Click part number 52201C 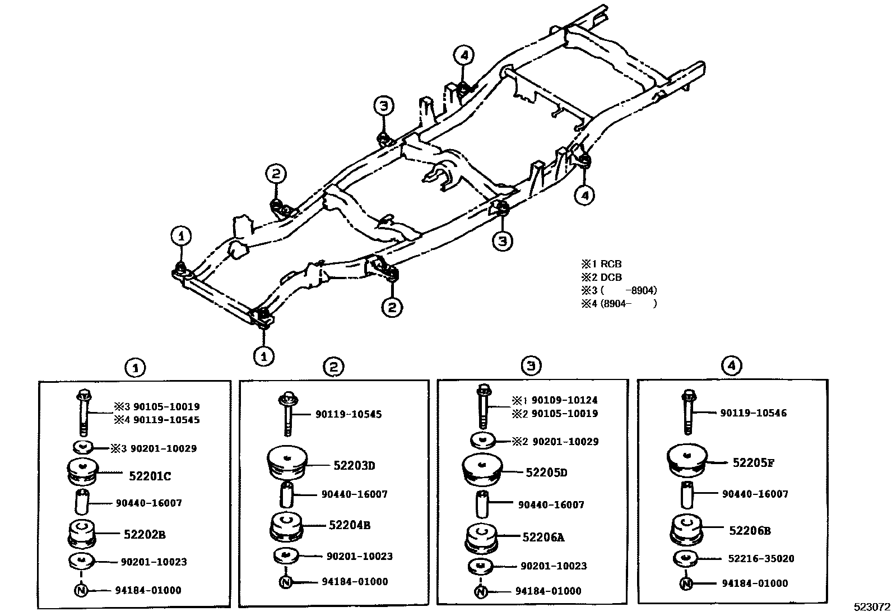pos(150,476)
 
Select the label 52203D pos(354,465)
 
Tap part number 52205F pos(753,462)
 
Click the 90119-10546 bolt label pos(753,413)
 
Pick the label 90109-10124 pos(564,400)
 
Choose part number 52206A pos(543,537)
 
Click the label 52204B pos(349,525)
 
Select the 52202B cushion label pos(145,534)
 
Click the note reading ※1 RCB pos(602,264)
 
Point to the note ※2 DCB pos(602,277)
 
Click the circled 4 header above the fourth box pos(731,366)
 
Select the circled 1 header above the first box pos(135,368)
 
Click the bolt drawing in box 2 pos(286,413)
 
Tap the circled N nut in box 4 pos(685,583)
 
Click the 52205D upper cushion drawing pos(482,471)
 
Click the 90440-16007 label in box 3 pos(551,504)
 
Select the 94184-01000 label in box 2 pos(354,581)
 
